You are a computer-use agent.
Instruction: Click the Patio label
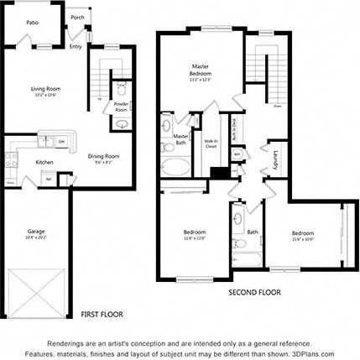point(32,23)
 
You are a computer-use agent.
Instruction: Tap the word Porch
point(77,17)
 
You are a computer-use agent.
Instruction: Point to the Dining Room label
point(103,155)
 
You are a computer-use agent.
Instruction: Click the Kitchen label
point(44,162)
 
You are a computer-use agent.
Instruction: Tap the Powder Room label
point(121,107)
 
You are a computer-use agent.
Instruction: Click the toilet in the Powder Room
point(122,91)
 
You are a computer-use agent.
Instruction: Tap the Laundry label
point(275,159)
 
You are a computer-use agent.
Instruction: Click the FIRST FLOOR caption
point(102,314)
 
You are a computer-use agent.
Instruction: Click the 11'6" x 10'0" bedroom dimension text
point(302,239)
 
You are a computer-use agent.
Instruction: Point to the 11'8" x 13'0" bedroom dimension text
point(195,239)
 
